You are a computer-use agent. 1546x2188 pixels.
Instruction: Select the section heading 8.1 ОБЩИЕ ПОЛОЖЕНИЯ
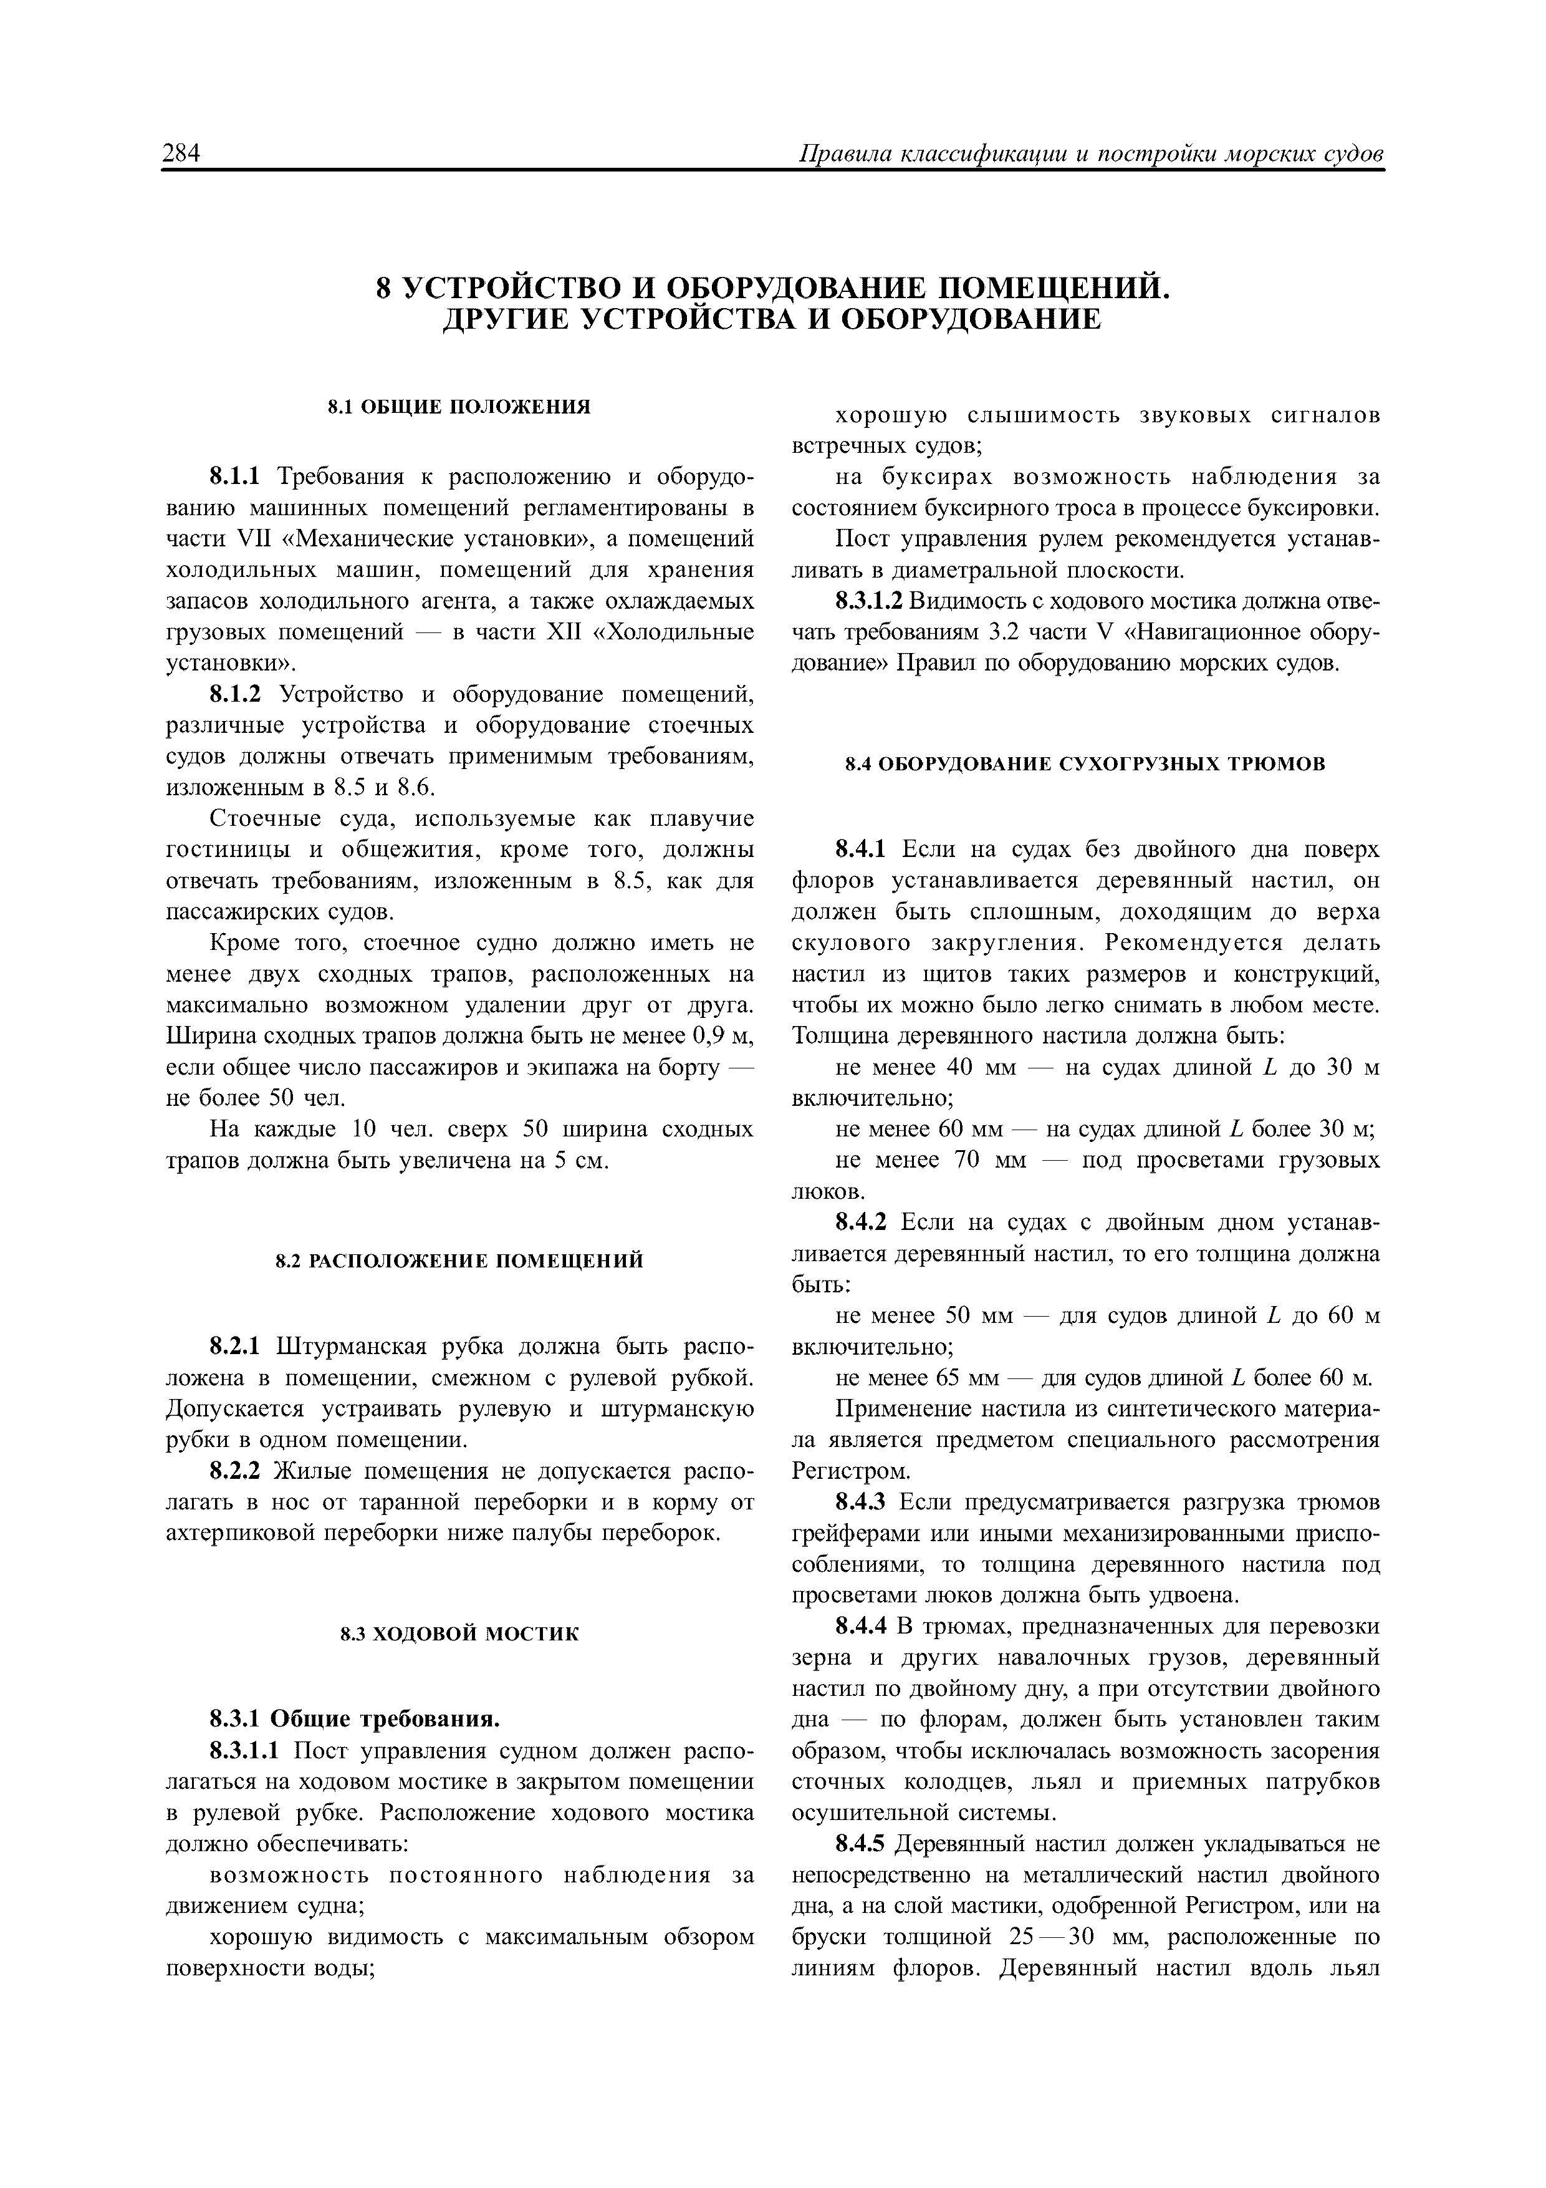pos(459,408)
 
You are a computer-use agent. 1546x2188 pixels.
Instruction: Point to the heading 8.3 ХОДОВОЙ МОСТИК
pos(459,1634)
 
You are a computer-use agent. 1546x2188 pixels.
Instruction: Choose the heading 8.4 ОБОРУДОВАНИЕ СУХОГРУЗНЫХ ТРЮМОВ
pos(1086,764)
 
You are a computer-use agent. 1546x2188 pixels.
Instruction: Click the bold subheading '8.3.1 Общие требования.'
pos(354,1720)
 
